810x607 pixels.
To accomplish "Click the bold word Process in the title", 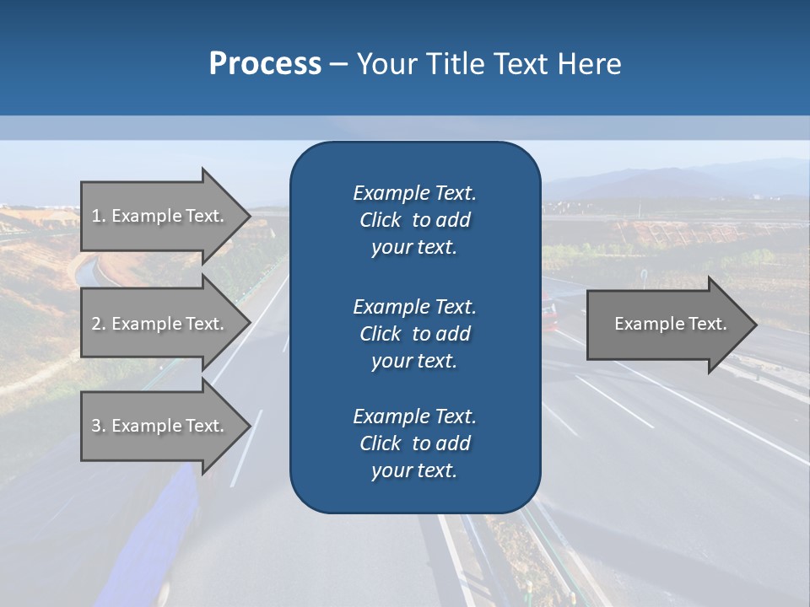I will point(265,63).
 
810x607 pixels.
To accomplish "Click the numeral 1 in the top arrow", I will point(96,216).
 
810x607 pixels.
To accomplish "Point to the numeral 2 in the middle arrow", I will point(96,324).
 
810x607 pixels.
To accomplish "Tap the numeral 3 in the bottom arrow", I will point(96,426).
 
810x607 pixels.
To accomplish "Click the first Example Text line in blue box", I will point(414,193).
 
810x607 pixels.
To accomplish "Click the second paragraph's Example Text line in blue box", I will point(414,306).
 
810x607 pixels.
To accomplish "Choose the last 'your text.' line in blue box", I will point(414,471).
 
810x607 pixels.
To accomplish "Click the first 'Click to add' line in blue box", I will point(414,220).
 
